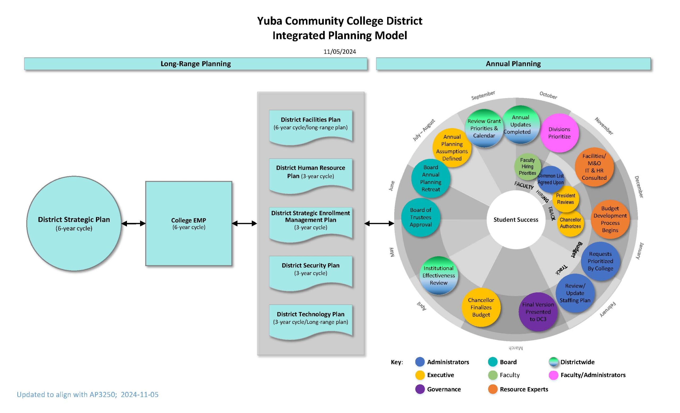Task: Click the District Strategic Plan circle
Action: (74, 223)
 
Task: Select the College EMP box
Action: (189, 223)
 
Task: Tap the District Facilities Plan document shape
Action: (311, 126)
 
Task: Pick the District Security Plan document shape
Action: (311, 272)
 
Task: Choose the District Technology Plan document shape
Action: (311, 320)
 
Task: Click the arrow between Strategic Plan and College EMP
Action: (133, 223)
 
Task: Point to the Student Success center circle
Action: (516, 220)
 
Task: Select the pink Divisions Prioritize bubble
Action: (559, 133)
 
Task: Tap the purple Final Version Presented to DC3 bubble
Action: (538, 312)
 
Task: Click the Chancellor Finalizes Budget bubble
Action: (481, 307)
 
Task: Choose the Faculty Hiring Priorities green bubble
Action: (527, 166)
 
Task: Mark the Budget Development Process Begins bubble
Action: (610, 219)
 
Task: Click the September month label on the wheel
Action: (483, 95)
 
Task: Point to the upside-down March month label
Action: (516, 348)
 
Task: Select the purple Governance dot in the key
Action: (420, 389)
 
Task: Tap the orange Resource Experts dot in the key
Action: (493, 389)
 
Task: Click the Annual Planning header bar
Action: (513, 64)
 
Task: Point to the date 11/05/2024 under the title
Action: (340, 52)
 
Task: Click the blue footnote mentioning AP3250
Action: (88, 394)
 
